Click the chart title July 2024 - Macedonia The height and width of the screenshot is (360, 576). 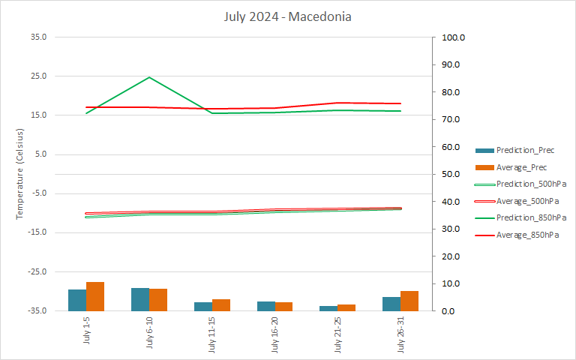pyautogui.click(x=287, y=16)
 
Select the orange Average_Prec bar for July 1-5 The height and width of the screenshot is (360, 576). pyautogui.click(x=95, y=296)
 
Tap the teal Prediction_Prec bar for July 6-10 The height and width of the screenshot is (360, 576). pyautogui.click(x=140, y=299)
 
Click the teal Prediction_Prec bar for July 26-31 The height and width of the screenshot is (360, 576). pyautogui.click(x=391, y=304)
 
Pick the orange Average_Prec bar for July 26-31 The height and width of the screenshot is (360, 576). pyautogui.click(x=409, y=301)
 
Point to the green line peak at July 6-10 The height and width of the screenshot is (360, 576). pyautogui.click(x=149, y=77)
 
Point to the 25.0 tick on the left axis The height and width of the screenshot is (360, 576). pyautogui.click(x=37, y=76)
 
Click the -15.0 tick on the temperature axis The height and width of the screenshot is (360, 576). pyautogui.click(x=35, y=232)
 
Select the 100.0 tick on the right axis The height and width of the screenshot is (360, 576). pyautogui.click(x=454, y=37)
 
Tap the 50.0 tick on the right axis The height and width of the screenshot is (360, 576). pyautogui.click(x=452, y=174)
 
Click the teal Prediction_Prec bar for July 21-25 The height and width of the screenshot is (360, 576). pyautogui.click(x=328, y=308)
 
